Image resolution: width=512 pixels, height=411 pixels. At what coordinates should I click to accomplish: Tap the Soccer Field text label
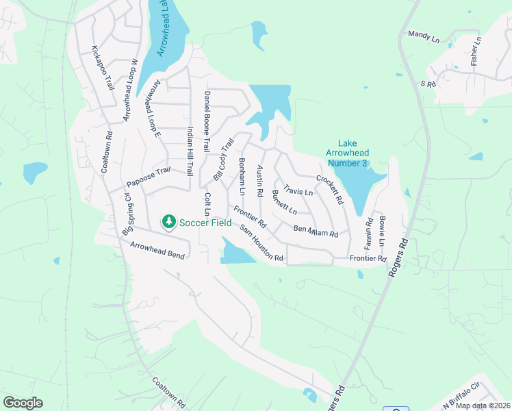[205, 222]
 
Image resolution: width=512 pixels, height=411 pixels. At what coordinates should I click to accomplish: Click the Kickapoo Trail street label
[102, 68]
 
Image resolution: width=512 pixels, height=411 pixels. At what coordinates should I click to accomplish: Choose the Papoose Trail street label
[148, 178]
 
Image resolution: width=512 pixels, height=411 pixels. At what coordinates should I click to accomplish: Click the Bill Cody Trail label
[223, 159]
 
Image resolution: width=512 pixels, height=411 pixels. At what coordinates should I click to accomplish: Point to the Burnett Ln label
[284, 202]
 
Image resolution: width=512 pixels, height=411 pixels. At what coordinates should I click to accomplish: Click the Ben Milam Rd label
[316, 231]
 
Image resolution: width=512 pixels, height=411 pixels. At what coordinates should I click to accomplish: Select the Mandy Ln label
[424, 36]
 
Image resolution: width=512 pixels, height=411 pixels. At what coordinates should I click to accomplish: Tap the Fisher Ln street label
[476, 51]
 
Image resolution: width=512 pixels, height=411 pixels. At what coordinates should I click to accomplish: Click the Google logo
[23, 403]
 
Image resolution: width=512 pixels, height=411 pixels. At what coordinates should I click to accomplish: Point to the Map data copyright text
[483, 406]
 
